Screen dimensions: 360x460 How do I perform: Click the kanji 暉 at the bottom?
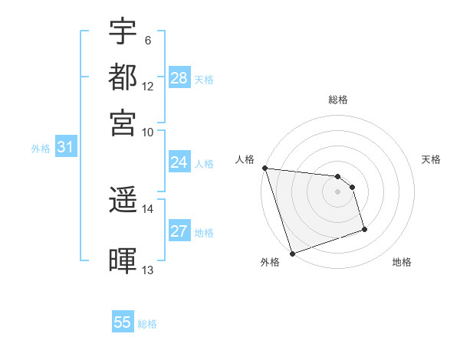(x=123, y=261)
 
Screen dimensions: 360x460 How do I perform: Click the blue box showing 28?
(x=179, y=77)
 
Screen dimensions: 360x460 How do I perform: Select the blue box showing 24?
(x=179, y=162)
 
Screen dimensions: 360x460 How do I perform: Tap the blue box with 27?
(x=179, y=232)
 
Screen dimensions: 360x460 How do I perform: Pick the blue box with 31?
(x=65, y=148)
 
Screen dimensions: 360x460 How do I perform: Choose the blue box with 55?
(x=123, y=322)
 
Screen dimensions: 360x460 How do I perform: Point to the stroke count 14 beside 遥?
(x=147, y=208)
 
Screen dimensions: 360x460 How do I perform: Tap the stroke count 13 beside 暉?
(x=147, y=270)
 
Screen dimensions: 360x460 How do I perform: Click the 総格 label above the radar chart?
(x=338, y=100)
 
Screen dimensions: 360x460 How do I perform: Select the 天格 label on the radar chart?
(x=432, y=159)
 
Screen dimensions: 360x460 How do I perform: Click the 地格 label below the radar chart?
(x=402, y=262)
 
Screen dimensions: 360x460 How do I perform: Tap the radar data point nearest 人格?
(x=264, y=168)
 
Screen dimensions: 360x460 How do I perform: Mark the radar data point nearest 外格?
(x=292, y=254)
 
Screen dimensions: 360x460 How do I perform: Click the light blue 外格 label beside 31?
(x=41, y=149)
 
